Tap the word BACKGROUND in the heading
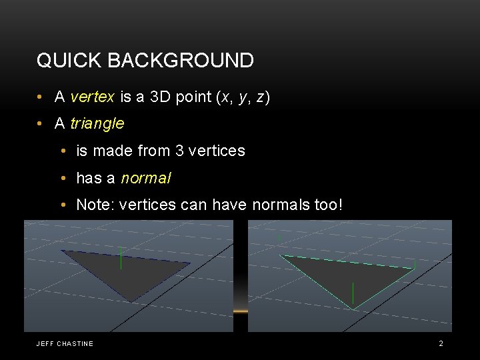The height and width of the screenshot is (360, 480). pyautogui.click(x=180, y=61)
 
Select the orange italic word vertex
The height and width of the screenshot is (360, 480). pyautogui.click(x=92, y=97)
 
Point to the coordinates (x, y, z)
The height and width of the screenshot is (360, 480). pyautogui.click(x=243, y=97)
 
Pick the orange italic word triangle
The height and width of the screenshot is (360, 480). pyautogui.click(x=97, y=124)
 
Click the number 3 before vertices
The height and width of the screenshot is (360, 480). pyautogui.click(x=179, y=151)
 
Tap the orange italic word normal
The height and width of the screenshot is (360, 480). pyautogui.click(x=146, y=179)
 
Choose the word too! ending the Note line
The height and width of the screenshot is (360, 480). pyautogui.click(x=327, y=205)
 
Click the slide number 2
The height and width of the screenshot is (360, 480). pyautogui.click(x=441, y=343)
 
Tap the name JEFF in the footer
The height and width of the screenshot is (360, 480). pyautogui.click(x=45, y=344)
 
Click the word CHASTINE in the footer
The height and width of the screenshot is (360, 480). pyautogui.click(x=75, y=344)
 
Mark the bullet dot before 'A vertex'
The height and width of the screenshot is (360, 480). pyautogui.click(x=41, y=98)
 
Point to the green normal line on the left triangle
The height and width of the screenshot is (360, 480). pyautogui.click(x=121, y=259)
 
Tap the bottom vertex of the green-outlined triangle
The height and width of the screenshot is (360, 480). pyautogui.click(x=353, y=309)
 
